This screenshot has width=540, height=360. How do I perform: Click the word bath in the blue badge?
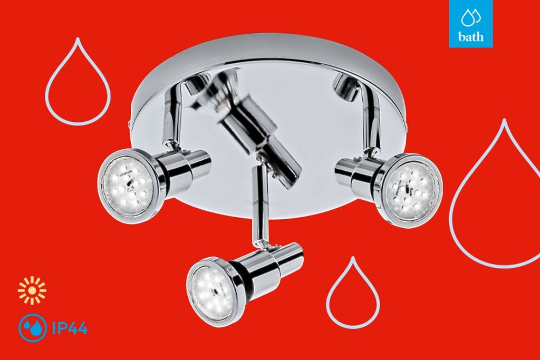click(471, 36)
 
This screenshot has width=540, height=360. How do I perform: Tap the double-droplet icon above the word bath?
click(471, 17)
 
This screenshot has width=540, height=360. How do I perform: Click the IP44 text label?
click(70, 328)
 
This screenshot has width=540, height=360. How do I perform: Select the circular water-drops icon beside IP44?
click(32, 328)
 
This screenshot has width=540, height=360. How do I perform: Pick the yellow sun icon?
click(32, 290)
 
